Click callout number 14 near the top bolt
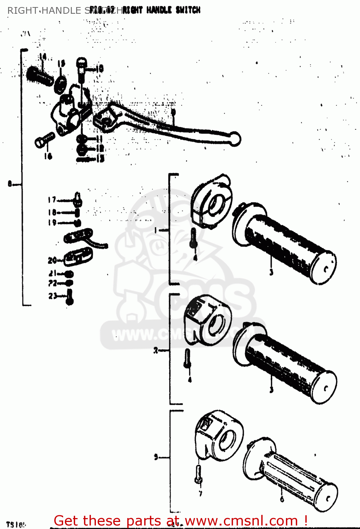(43, 56)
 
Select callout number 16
(48, 156)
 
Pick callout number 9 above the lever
(173, 112)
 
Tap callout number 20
(52, 260)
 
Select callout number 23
(53, 296)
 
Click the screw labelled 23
(70, 297)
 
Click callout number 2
(156, 351)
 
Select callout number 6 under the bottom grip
(282, 499)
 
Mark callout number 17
(52, 200)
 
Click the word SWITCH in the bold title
(188, 10)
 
